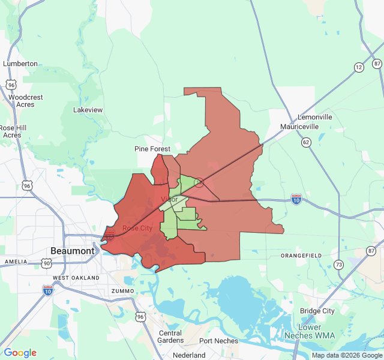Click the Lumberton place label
click(x=20, y=64)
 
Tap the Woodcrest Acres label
click(x=26, y=101)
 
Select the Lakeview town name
click(x=88, y=110)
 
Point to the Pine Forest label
click(x=152, y=149)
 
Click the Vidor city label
click(x=169, y=199)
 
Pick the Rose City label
click(x=137, y=228)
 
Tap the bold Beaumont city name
click(x=73, y=251)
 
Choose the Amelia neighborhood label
click(x=16, y=262)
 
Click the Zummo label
click(x=122, y=291)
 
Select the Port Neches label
click(x=218, y=341)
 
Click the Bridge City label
click(x=317, y=311)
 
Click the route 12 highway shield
click(x=359, y=67)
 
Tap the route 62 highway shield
click(x=307, y=142)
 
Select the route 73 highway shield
click(x=339, y=265)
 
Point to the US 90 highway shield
click(x=46, y=263)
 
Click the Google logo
click(x=20, y=353)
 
